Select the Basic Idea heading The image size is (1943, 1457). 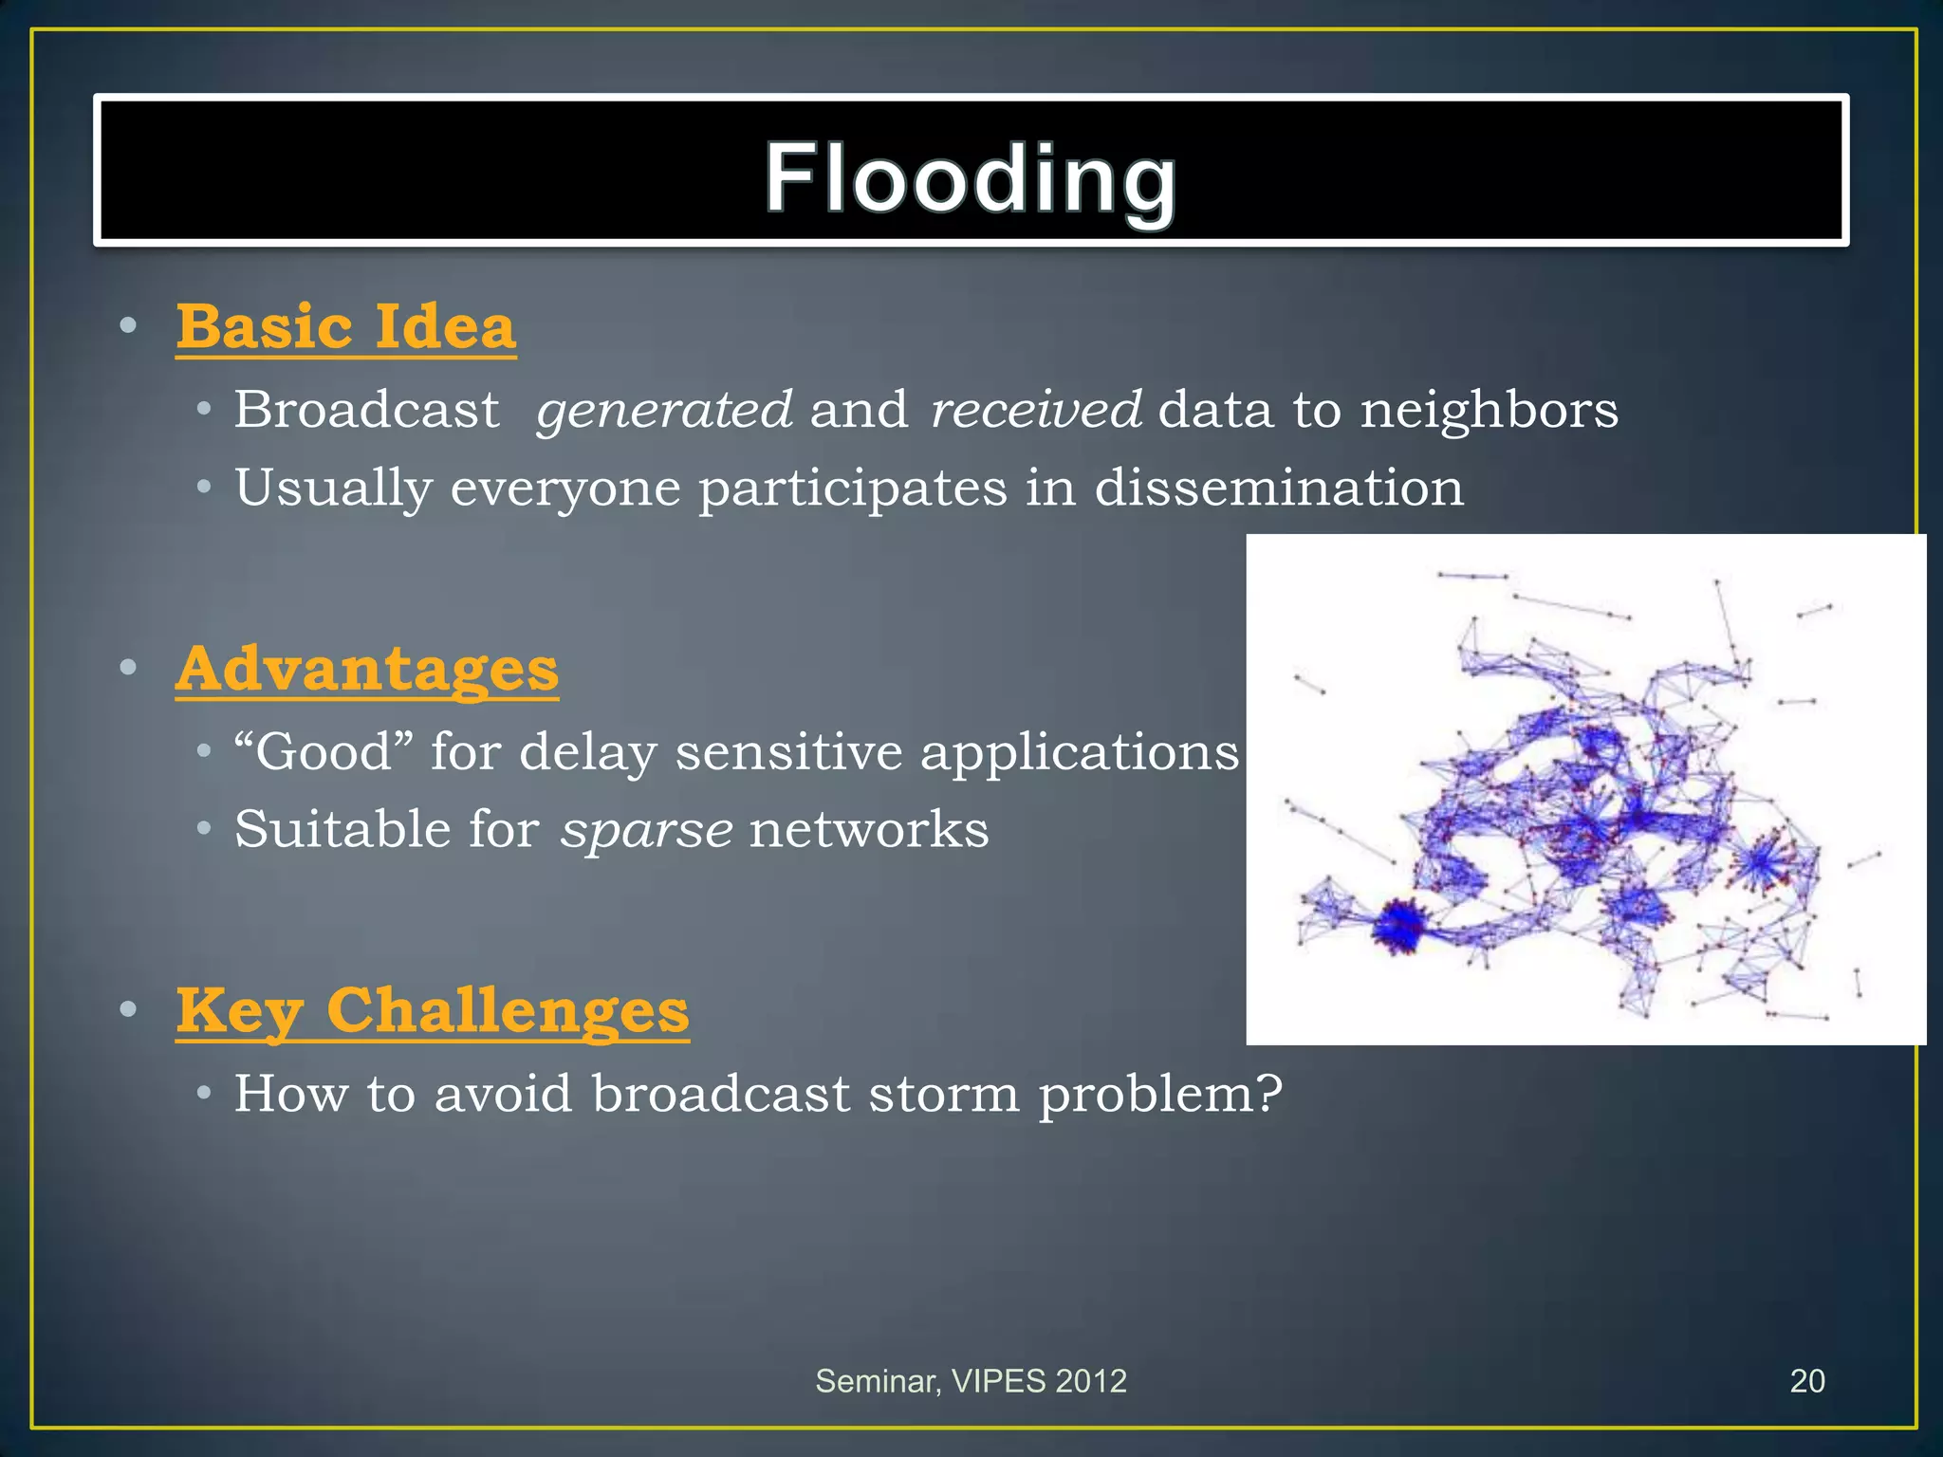pos(345,326)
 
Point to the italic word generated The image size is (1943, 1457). pos(663,410)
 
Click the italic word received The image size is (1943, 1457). pos(1035,410)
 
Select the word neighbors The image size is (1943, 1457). pos(1489,410)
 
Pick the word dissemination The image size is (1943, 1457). pos(1278,488)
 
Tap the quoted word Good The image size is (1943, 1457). pos(324,751)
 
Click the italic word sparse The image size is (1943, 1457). pos(645,829)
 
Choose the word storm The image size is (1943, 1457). pos(944,1094)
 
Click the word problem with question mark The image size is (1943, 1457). pos(1159,1094)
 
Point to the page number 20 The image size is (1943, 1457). pos(1806,1381)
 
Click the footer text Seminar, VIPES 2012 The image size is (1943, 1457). pos(971,1381)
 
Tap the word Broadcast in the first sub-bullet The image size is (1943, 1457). pos(366,410)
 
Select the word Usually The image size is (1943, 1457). pos(332,488)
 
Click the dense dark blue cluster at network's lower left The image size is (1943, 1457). pos(1398,925)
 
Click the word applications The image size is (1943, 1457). pos(1079,751)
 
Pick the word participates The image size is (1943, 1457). pos(852,488)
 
